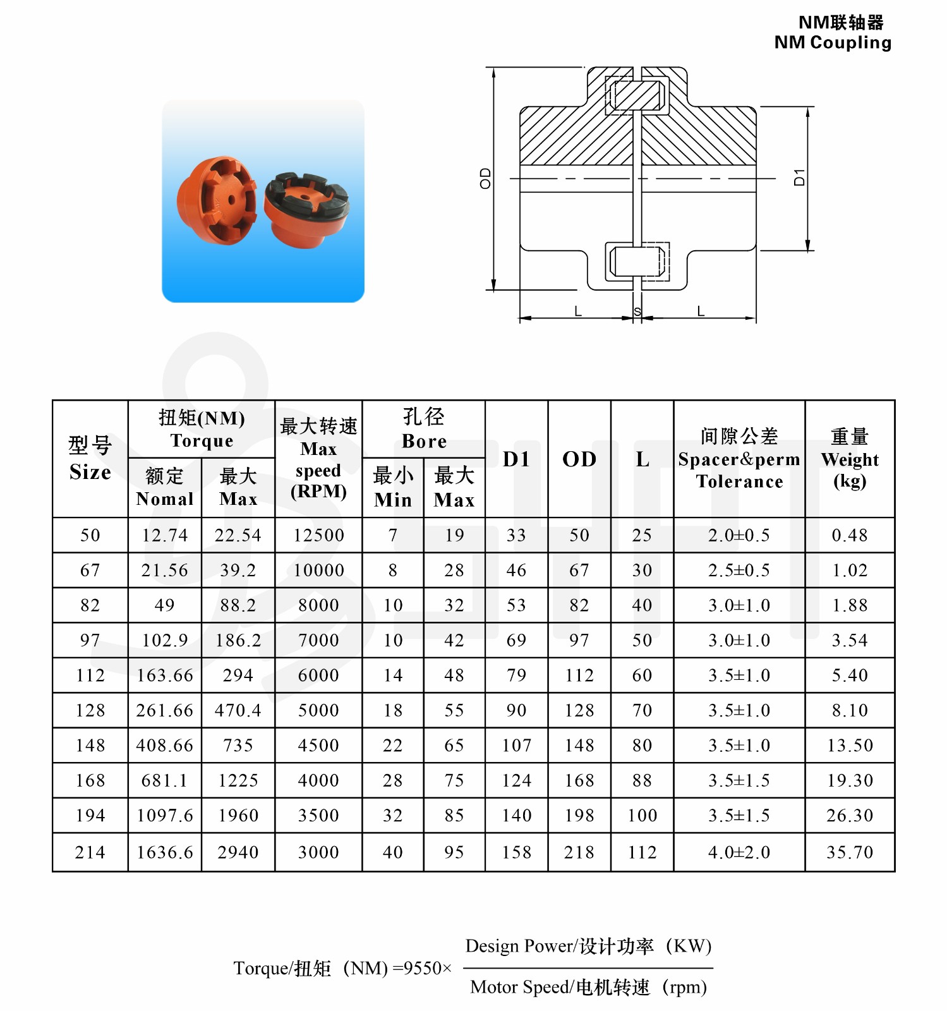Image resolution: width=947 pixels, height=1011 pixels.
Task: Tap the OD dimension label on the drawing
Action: click(x=485, y=178)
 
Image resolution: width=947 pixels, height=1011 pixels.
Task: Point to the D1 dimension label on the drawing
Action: click(x=799, y=178)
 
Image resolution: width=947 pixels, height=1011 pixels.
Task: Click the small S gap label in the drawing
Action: click(x=637, y=312)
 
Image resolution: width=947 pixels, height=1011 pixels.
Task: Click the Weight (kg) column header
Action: click(x=849, y=459)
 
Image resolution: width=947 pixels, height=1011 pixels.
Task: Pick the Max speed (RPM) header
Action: click(x=318, y=459)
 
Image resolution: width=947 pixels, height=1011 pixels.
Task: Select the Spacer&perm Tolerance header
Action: click(x=739, y=459)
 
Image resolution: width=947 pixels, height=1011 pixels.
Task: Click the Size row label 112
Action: click(x=90, y=675)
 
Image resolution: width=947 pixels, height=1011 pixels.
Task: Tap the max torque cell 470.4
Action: click(x=238, y=710)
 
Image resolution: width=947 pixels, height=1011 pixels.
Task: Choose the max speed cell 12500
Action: click(x=318, y=535)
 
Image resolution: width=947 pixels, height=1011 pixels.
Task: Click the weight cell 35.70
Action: click(x=849, y=852)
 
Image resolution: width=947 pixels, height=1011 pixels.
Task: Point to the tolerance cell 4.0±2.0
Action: click(x=739, y=852)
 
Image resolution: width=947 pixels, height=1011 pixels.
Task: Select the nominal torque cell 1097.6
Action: click(x=165, y=815)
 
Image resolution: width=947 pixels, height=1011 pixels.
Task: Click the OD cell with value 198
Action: click(x=579, y=815)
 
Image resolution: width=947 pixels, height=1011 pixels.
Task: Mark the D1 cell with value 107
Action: click(x=516, y=746)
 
